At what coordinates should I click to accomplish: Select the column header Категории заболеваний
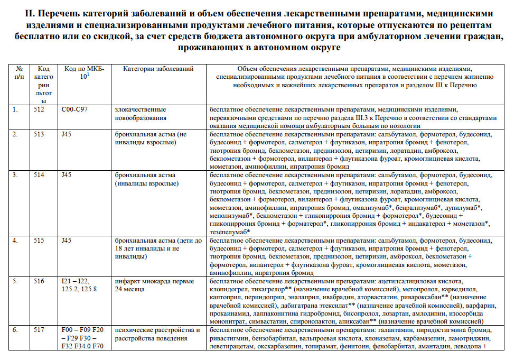point(155,69)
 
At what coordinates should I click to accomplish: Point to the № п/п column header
point(20,72)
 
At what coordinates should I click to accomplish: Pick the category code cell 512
point(40,109)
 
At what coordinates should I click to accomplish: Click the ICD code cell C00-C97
point(76,109)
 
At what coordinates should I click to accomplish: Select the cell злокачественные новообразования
point(142,114)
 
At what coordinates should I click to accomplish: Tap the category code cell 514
point(40,175)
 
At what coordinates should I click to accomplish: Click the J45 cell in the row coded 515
point(67,241)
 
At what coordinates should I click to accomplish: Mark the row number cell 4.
point(15,241)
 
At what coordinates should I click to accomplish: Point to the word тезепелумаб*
point(230,232)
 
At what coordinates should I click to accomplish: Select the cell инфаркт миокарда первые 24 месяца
point(154,285)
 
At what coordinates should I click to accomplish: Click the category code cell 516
point(40,281)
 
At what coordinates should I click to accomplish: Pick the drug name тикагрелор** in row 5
point(270,290)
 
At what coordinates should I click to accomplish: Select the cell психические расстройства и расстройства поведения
point(157,335)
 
